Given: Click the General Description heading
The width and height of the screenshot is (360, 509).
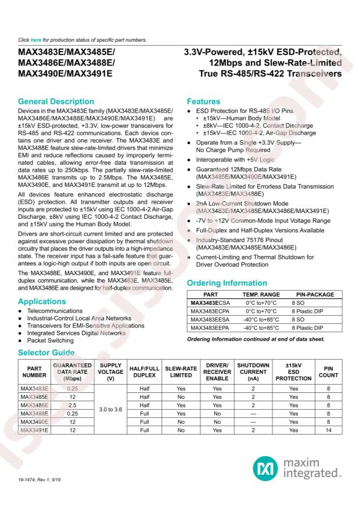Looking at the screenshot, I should pos(55,102).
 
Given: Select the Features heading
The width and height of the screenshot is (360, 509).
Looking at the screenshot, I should pos(203,102).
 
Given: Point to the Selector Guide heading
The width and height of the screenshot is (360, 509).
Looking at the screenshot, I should pos(46,353).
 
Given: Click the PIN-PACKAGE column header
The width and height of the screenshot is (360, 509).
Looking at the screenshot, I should pos(315,295).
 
